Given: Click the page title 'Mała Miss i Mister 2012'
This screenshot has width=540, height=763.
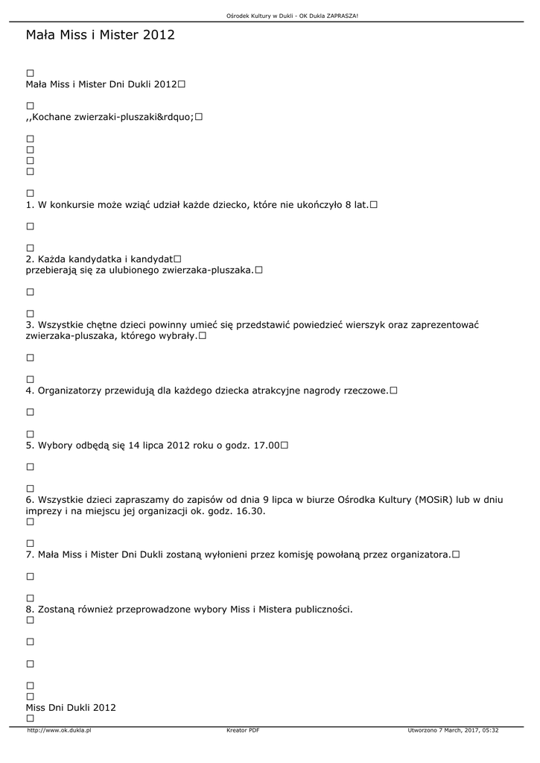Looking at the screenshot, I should tap(100, 34).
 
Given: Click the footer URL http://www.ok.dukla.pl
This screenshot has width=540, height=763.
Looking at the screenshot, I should tap(59, 730).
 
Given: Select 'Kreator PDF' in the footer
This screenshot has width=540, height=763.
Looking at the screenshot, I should tap(243, 730).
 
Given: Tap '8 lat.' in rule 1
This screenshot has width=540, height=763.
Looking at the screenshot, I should tap(356, 204).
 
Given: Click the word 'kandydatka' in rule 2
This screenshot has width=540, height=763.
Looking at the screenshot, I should tap(89, 259).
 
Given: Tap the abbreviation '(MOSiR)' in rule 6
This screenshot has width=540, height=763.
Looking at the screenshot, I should tap(431, 500).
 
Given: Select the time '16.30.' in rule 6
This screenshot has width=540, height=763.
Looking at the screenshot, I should tap(249, 511).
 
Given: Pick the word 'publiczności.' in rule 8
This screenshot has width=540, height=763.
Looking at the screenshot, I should tap(320, 610).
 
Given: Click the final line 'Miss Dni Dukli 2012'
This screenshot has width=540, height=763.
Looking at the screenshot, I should tap(71, 707).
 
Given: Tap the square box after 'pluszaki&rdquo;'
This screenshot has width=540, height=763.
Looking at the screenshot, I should tap(199, 117).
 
